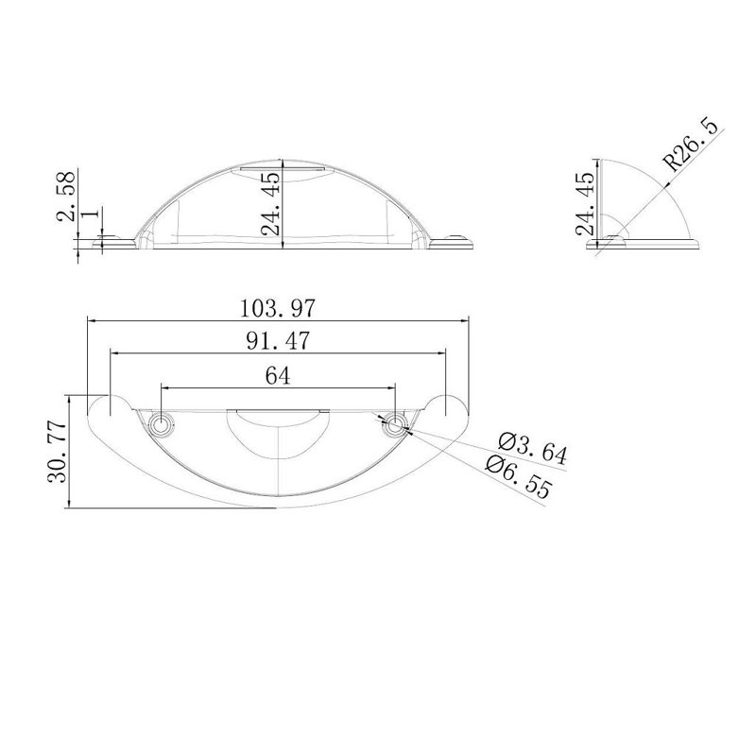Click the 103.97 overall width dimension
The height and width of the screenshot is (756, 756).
coord(277,309)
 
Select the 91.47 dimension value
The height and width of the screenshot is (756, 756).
coord(277,341)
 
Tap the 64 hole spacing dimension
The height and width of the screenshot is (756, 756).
coord(278,376)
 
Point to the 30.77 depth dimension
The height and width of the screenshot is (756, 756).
coord(57,452)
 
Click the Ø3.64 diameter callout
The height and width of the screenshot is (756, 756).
coord(533,448)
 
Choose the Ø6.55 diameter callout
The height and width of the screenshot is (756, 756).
coord(518,476)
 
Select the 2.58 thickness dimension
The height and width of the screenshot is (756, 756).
coord(66,196)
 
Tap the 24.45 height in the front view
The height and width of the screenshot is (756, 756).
coord(270,203)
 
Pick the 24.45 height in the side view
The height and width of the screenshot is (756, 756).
coord(585,203)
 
